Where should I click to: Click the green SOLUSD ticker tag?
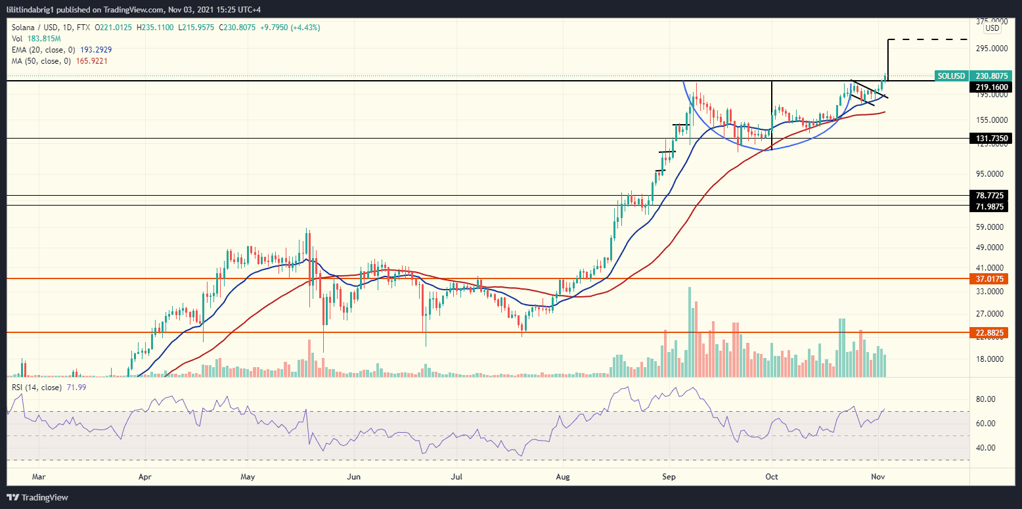point(950,76)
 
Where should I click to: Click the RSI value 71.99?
point(74,387)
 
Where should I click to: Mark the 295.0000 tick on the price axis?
point(991,49)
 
